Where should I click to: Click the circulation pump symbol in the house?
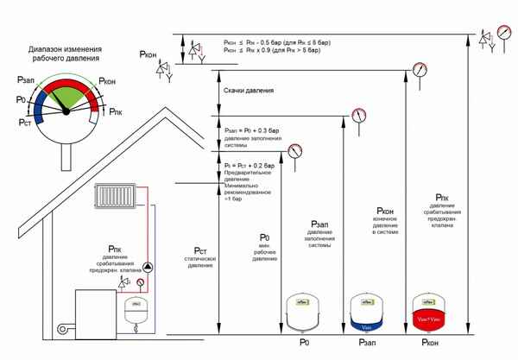coord(147,267)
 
